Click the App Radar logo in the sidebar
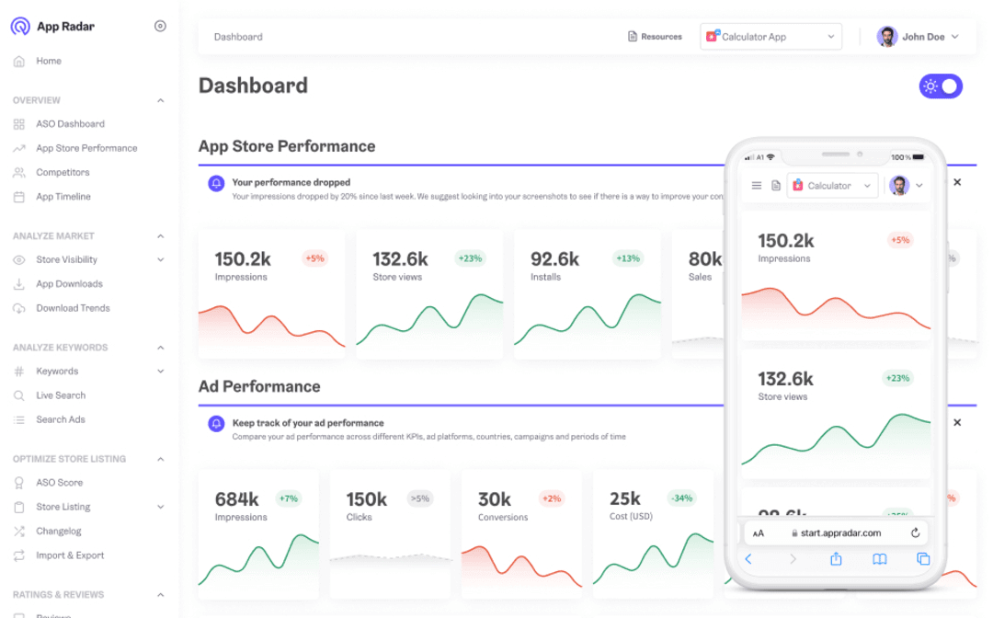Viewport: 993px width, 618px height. [20, 27]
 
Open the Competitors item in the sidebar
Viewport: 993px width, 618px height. [63, 172]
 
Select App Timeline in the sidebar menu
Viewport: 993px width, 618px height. [63, 197]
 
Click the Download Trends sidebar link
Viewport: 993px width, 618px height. [73, 308]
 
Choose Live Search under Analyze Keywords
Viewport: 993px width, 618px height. [61, 395]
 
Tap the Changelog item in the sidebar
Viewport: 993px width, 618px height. [59, 532]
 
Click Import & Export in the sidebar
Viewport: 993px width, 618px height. [70, 555]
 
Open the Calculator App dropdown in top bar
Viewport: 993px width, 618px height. [771, 37]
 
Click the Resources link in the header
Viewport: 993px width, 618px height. [655, 37]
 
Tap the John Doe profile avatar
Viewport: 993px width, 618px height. [887, 37]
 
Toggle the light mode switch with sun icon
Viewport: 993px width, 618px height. [940, 86]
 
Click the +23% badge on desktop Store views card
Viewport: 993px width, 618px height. [470, 258]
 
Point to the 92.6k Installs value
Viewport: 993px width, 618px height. [554, 259]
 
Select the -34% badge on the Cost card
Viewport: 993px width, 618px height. [681, 498]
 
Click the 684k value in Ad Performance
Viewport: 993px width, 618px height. [236, 499]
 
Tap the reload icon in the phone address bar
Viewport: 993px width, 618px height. [915, 532]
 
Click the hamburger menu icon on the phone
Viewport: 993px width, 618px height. [757, 186]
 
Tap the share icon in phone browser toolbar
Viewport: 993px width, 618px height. [836, 559]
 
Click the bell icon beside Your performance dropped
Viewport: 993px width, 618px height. [216, 183]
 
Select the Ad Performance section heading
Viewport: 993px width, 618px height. [259, 386]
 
